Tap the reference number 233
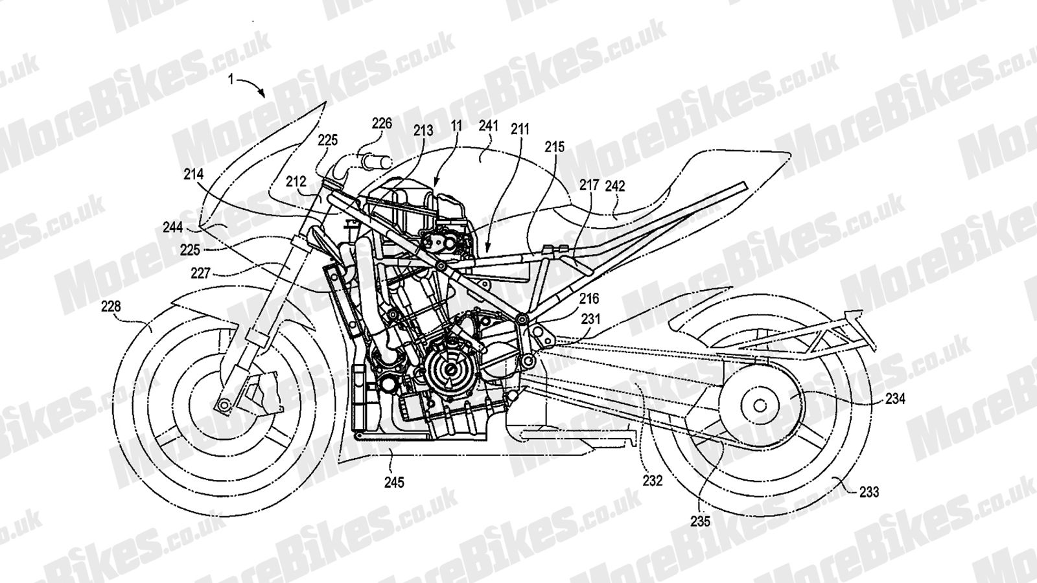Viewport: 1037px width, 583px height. click(x=868, y=492)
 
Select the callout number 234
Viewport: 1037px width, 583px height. click(x=895, y=400)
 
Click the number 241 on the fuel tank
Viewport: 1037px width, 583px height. click(x=488, y=126)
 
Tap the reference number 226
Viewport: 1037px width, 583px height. click(x=382, y=122)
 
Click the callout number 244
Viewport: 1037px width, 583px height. click(x=172, y=227)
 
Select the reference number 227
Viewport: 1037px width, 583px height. click(x=201, y=274)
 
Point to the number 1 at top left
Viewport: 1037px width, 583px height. click(x=230, y=79)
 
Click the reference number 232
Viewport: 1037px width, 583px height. click(x=652, y=481)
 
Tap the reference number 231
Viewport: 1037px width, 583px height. click(x=590, y=319)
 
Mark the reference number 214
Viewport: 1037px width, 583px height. click(x=193, y=174)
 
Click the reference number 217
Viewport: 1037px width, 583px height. click(x=589, y=185)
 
